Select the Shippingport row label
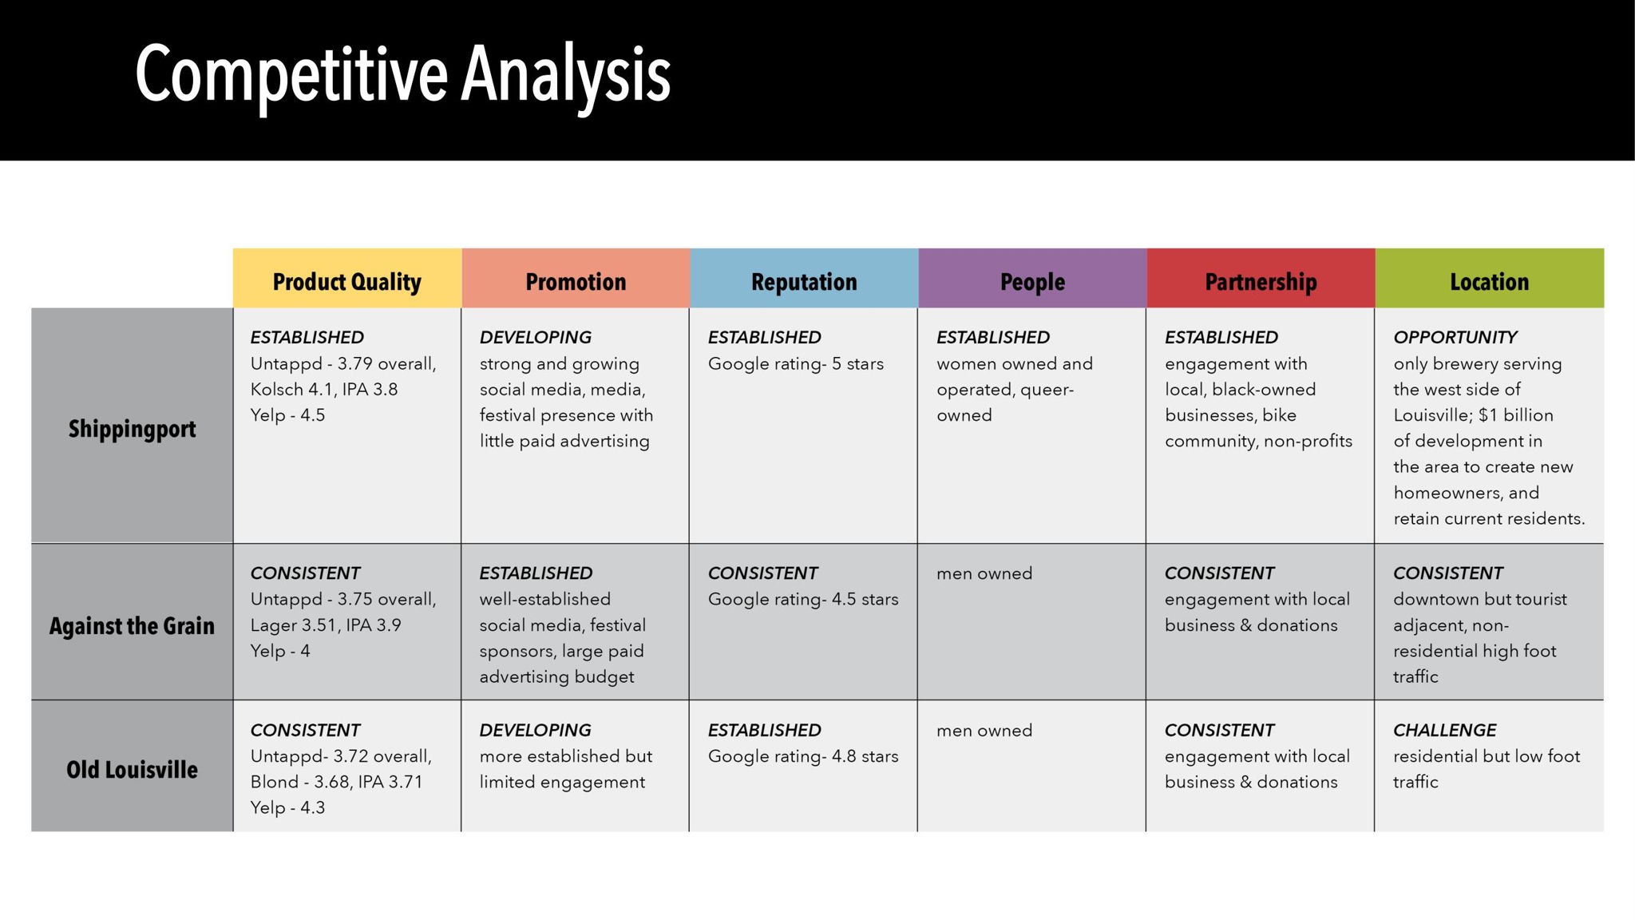(x=132, y=429)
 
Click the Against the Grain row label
(x=132, y=625)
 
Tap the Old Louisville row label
(x=132, y=770)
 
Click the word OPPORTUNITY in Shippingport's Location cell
(x=1455, y=337)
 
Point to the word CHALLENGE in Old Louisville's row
(x=1445, y=730)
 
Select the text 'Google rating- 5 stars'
(x=796, y=364)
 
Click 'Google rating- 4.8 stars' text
(x=803, y=756)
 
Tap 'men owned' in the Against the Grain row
(x=984, y=573)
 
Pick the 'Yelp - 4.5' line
(x=287, y=415)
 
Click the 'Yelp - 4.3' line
(x=287, y=807)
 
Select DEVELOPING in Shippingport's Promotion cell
(x=535, y=337)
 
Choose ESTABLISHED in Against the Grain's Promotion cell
(x=536, y=573)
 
